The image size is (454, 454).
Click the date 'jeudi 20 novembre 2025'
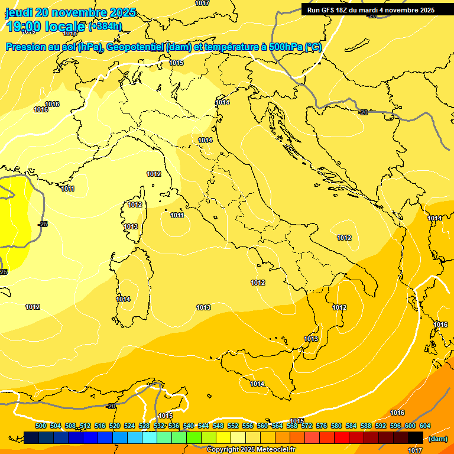tap(70, 12)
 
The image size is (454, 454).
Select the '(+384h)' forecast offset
tap(105, 26)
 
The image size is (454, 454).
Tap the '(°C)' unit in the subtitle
tap(312, 47)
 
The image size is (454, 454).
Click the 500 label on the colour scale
tap(41, 426)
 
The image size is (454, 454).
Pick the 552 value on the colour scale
tap(233, 426)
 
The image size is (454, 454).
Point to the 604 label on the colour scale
tap(425, 426)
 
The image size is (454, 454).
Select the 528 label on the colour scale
tap(144, 426)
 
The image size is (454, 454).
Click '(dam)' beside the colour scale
tap(438, 439)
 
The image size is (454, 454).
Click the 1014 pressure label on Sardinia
tap(123, 300)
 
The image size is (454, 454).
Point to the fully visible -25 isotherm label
tap(43, 224)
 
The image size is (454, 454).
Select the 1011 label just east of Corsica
tap(177, 216)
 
